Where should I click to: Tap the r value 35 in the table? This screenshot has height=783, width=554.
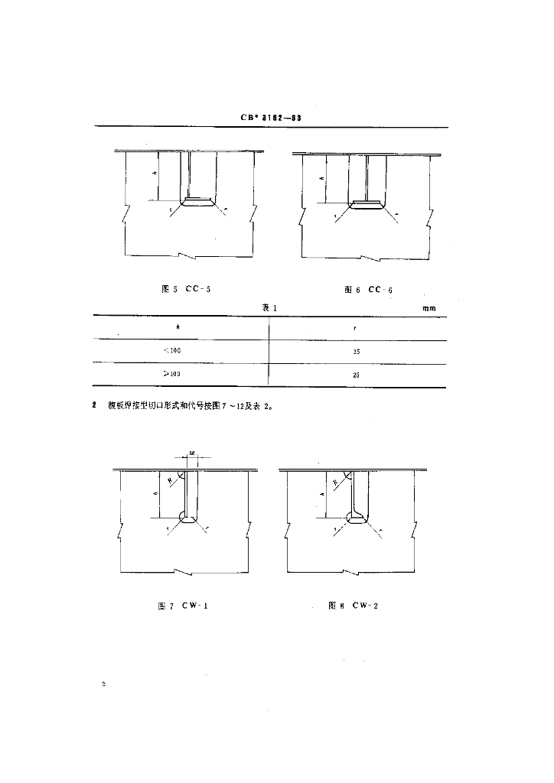357,352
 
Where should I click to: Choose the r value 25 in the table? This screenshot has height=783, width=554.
357,375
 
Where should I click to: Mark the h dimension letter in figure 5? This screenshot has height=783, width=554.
155,174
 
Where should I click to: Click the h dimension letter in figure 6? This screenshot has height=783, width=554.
321,179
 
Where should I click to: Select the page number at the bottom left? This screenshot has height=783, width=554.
104,683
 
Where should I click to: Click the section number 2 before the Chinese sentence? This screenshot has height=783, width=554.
94,406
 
